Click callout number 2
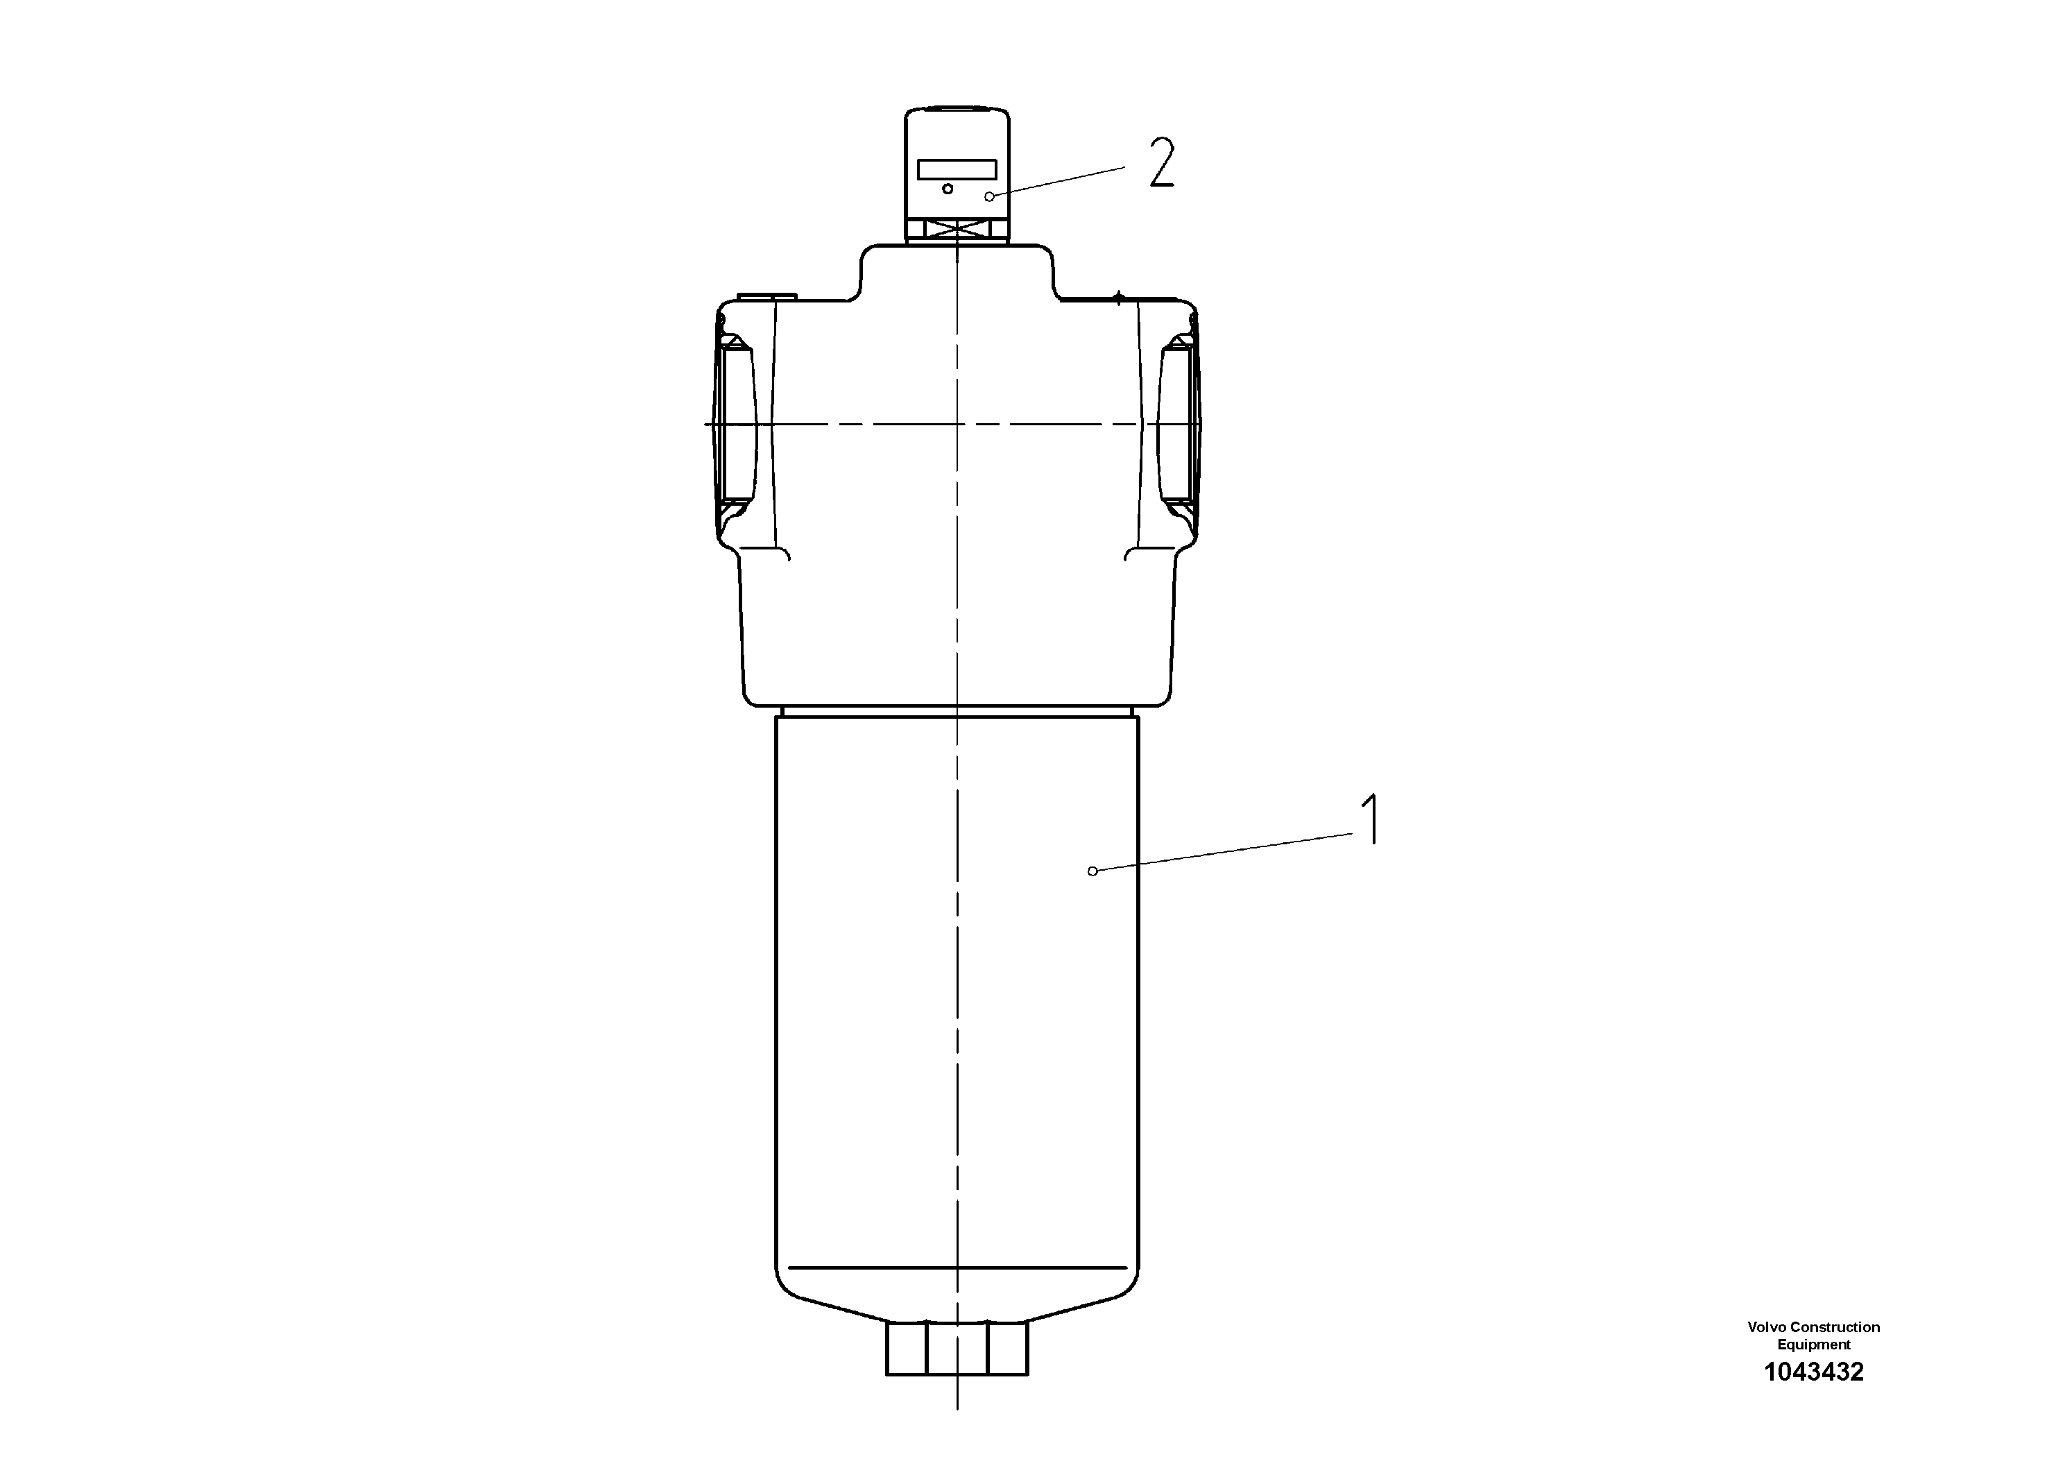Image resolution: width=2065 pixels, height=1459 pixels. [1162, 164]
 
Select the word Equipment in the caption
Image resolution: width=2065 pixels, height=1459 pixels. [1813, 1345]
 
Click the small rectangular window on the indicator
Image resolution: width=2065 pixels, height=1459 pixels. [956, 169]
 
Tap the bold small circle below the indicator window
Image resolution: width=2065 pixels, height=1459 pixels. [947, 189]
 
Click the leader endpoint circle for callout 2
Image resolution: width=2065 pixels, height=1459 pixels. [989, 196]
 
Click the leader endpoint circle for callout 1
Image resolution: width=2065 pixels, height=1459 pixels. [1093, 871]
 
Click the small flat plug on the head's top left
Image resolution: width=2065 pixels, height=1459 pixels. [766, 295]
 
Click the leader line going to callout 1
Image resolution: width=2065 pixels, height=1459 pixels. [1223, 852]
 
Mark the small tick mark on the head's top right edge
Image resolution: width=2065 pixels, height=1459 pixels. [1118, 298]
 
